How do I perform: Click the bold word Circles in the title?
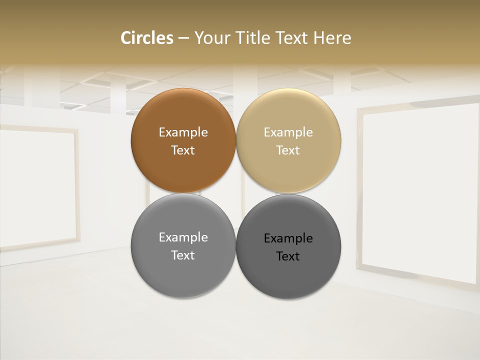click(146, 38)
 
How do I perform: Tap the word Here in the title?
click(332, 38)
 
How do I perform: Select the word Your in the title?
click(211, 38)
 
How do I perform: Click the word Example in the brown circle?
click(183, 132)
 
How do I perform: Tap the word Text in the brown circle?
click(183, 150)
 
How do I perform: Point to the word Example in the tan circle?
click(288, 132)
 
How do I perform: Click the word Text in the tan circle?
click(288, 150)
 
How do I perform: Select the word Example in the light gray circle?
click(183, 237)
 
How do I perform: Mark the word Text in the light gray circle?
click(183, 255)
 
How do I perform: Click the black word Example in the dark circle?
click(288, 238)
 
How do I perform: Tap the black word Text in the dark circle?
click(288, 256)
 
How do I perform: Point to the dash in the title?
click(183, 38)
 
